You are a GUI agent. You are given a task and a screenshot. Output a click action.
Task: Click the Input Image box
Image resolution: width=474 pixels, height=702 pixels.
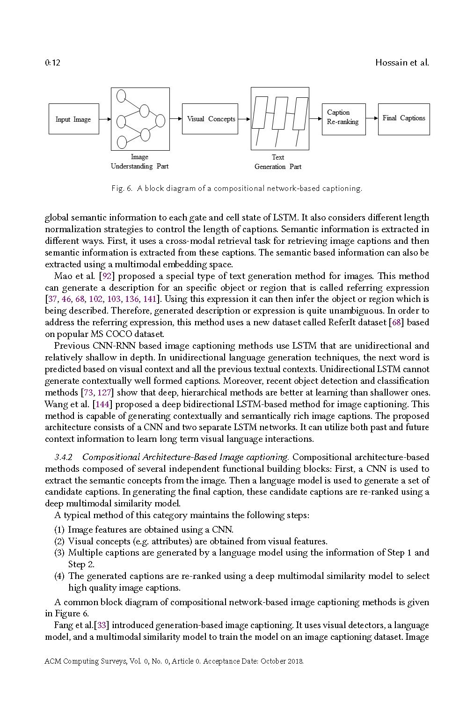(73, 119)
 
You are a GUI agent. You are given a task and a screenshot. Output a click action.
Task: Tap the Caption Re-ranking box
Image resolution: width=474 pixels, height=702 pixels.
(343, 119)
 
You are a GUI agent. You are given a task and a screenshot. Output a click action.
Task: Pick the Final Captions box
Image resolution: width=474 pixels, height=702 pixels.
(403, 119)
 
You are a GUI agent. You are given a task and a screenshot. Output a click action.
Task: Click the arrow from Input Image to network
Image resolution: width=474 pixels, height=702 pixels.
(105, 119)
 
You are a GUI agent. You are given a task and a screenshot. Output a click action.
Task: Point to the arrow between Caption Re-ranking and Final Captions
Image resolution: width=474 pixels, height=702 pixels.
(372, 118)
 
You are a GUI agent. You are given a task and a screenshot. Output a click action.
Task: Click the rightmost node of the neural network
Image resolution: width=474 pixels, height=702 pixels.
(160, 120)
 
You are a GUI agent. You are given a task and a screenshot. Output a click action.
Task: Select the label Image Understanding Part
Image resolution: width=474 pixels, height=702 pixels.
(139, 161)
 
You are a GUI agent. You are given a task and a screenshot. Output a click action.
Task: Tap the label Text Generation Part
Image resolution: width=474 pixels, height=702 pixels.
(278, 162)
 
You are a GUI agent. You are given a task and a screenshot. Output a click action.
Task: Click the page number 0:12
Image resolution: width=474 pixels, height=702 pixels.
(53, 63)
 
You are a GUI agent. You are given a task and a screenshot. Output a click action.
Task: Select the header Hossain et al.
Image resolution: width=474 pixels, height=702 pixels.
(402, 63)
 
